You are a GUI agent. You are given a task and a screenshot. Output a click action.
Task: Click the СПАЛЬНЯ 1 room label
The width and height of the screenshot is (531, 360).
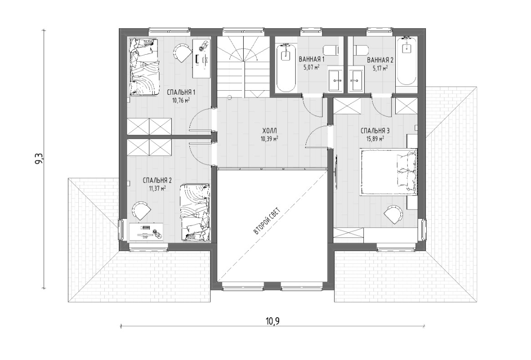tap(181, 92)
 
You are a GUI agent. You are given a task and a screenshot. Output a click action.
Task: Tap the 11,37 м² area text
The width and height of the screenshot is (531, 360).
tap(157, 188)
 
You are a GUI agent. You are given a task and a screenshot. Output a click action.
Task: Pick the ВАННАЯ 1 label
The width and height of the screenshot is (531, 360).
tap(312, 60)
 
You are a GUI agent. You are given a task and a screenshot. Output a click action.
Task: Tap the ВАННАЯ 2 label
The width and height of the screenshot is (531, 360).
tap(380, 60)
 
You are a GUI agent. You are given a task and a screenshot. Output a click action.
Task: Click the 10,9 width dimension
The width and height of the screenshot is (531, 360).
tap(272, 321)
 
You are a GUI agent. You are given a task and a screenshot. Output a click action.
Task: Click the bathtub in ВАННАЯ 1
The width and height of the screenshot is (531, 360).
tap(286, 68)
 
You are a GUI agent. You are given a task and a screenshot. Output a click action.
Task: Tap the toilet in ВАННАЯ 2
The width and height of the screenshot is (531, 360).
tap(360, 50)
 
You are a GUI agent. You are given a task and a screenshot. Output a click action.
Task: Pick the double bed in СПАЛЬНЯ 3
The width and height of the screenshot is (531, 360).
tap(388, 173)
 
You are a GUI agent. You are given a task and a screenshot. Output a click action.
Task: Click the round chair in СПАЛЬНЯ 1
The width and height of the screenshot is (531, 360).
tap(182, 52)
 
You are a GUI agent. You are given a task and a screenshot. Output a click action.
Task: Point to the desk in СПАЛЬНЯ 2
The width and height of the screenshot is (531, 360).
tap(147, 232)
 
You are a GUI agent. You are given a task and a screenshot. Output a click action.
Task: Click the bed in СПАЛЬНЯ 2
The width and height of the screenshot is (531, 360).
tap(195, 213)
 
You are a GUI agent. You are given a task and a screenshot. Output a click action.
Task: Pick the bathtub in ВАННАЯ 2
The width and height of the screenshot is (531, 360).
tap(406, 61)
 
